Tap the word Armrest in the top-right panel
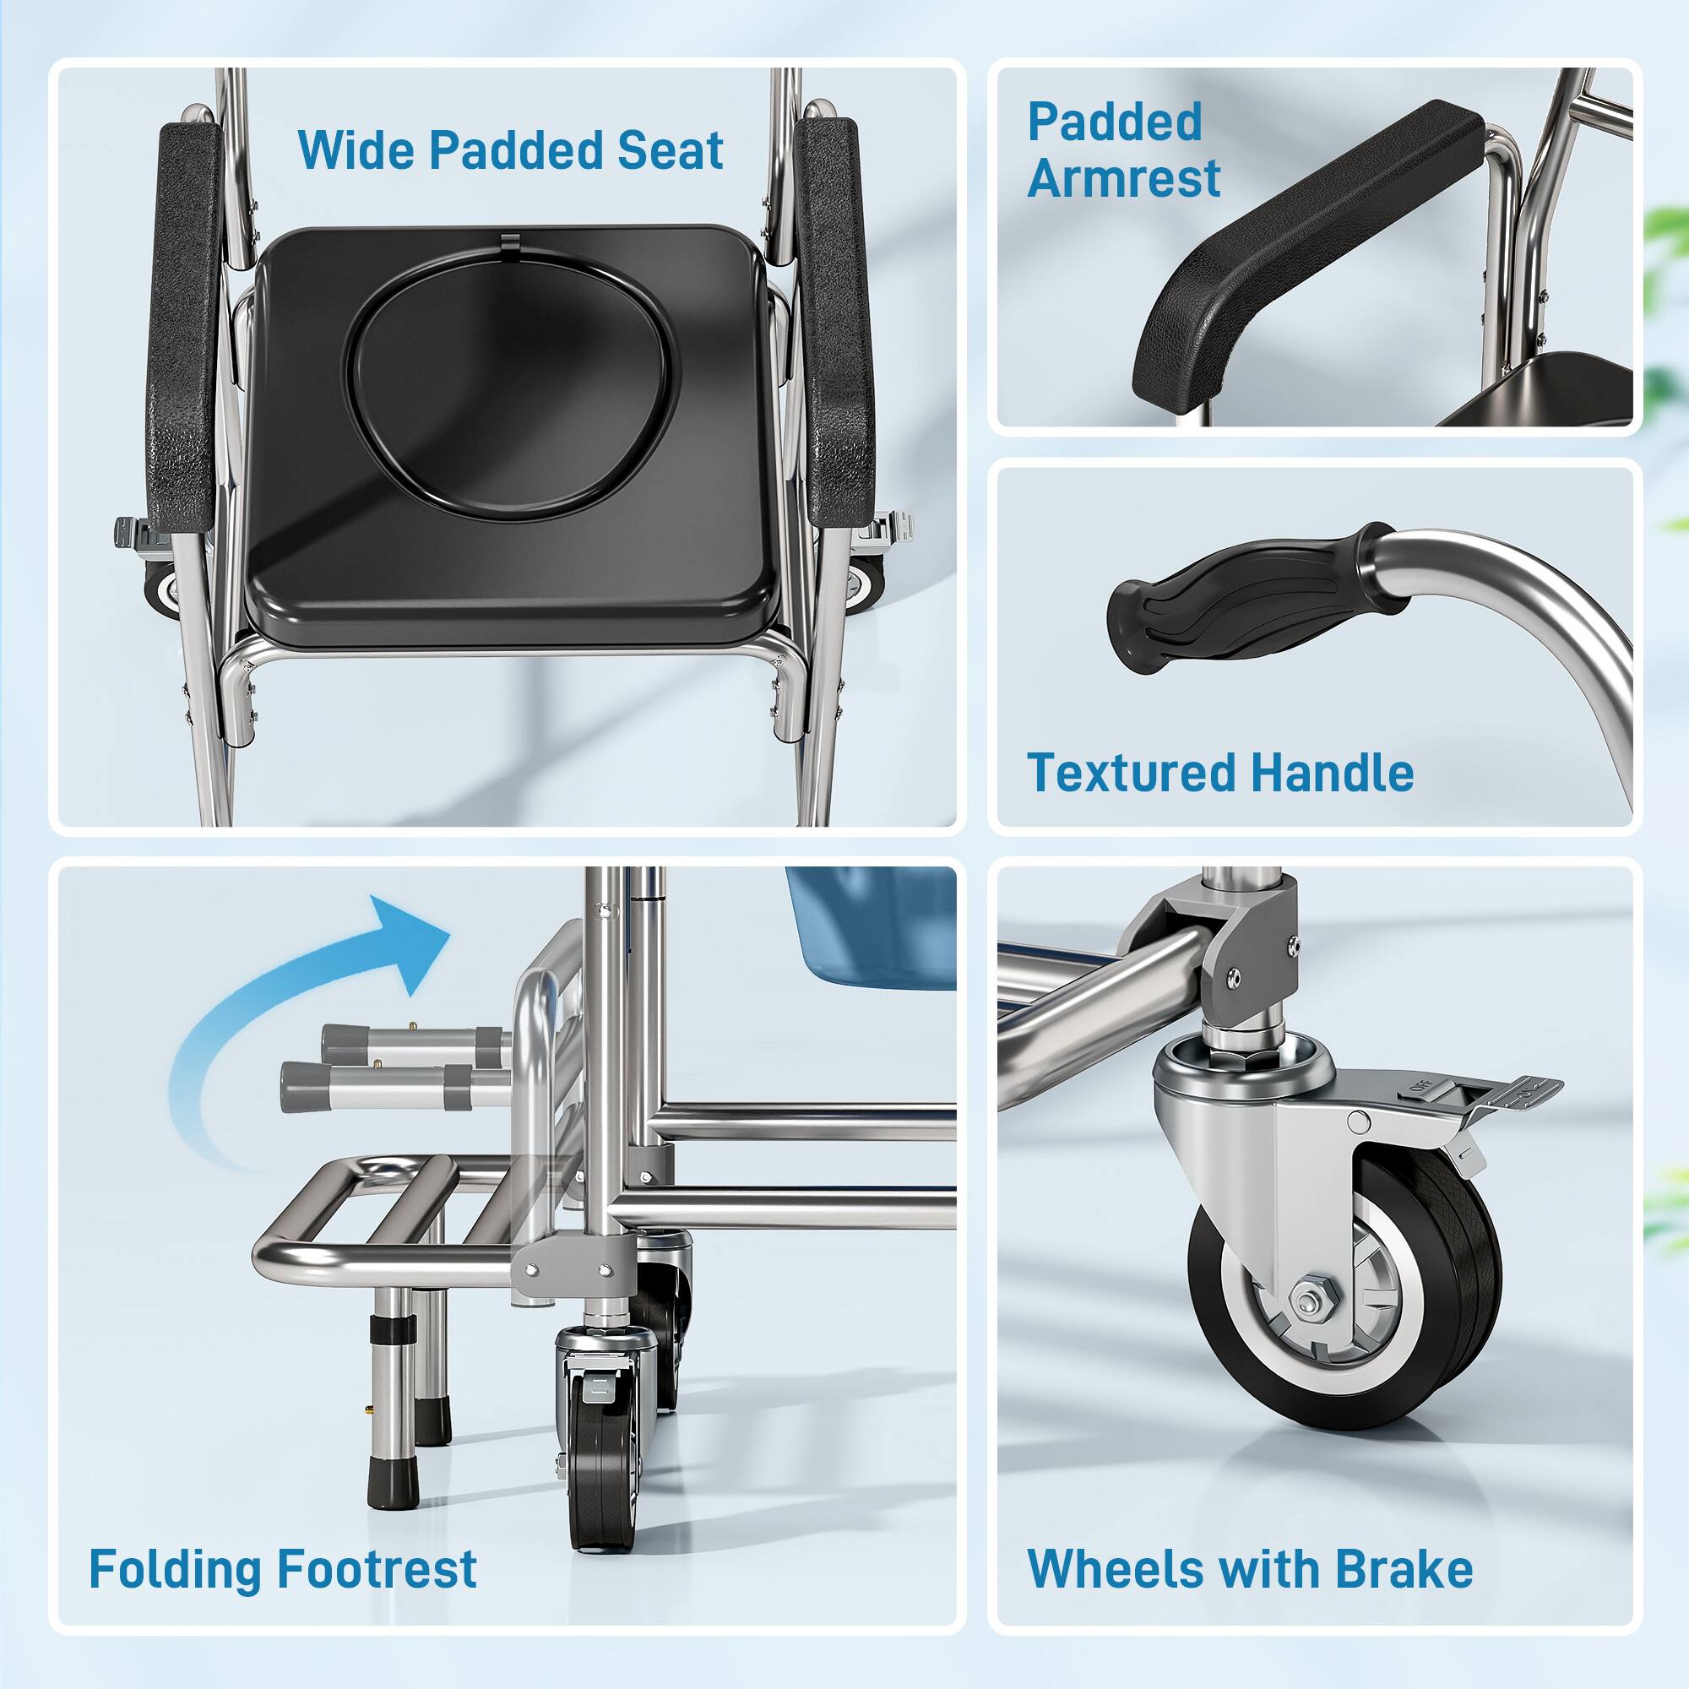pyautogui.click(x=1123, y=178)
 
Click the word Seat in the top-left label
pyautogui.click(x=671, y=150)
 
